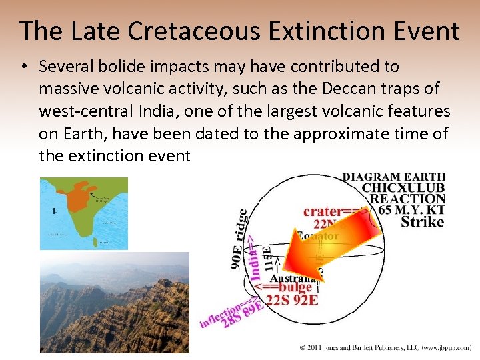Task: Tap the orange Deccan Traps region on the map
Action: tap(82, 193)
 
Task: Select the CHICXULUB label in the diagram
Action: tap(403, 188)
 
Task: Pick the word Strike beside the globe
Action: tap(422, 222)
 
